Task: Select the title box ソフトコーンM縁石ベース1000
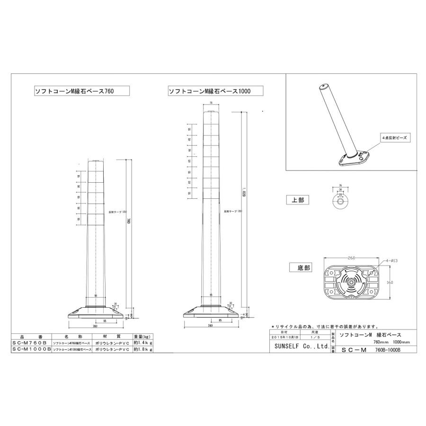click(209, 90)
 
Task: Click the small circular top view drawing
click(340, 201)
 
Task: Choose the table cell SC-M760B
click(29, 342)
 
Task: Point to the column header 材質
click(113, 335)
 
